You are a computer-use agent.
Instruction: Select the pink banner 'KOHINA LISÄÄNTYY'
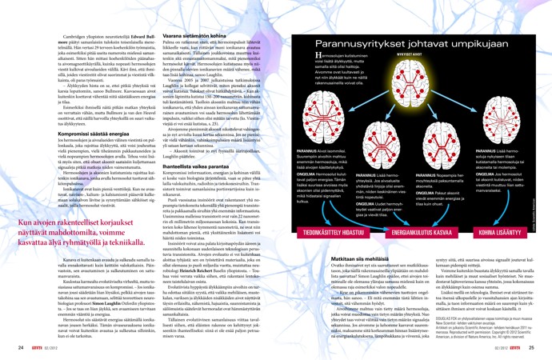click(518, 210)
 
